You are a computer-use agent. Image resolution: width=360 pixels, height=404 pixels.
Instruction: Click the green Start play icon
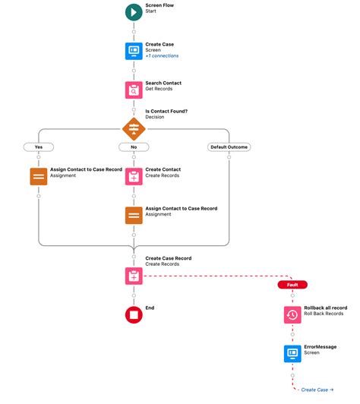click(x=134, y=12)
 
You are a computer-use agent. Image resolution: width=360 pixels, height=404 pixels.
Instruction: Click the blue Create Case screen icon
click(x=134, y=51)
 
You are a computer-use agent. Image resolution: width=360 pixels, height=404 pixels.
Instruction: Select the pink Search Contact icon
click(x=134, y=90)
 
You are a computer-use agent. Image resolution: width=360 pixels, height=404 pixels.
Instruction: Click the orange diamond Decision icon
click(x=134, y=128)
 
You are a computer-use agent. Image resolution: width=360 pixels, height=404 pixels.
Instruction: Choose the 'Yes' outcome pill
click(x=38, y=147)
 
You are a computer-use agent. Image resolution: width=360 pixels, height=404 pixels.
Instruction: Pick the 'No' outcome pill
click(x=134, y=147)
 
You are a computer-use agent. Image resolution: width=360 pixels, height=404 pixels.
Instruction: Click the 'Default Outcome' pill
click(x=229, y=147)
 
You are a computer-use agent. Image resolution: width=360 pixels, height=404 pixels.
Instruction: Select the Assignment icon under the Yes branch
click(x=38, y=176)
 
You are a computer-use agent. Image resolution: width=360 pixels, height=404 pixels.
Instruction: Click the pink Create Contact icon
click(x=134, y=176)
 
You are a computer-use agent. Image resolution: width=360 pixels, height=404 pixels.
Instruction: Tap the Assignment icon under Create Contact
click(x=134, y=215)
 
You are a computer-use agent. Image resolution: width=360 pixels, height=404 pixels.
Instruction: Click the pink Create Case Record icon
click(x=134, y=275)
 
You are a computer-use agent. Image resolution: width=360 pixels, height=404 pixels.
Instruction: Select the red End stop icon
click(x=134, y=314)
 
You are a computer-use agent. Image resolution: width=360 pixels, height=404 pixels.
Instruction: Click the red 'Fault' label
click(x=292, y=285)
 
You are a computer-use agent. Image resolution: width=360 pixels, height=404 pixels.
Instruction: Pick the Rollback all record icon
click(x=292, y=314)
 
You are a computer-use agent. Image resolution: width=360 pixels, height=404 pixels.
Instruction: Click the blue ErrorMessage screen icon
click(x=292, y=352)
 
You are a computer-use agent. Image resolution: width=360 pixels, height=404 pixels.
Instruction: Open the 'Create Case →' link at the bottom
click(x=317, y=390)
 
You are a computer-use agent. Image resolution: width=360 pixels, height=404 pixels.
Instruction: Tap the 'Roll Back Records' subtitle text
click(x=324, y=313)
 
